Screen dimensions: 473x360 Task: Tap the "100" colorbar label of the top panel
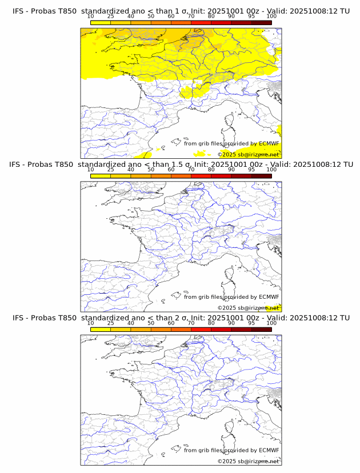pyautogui.click(x=271, y=16)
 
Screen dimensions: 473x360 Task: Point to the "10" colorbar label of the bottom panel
pyautogui.click(x=91, y=323)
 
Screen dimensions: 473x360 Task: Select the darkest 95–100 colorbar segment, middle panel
pyautogui.click(x=261, y=176)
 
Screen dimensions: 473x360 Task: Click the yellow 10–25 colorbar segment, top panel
pyautogui.click(x=101, y=22)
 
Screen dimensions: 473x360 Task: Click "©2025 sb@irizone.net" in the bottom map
pyautogui.click(x=248, y=462)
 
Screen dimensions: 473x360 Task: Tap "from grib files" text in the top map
pyautogui.click(x=204, y=143)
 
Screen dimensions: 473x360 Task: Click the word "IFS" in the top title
pyautogui.click(x=19, y=11)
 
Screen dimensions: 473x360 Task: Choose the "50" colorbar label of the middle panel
pyautogui.click(x=151, y=170)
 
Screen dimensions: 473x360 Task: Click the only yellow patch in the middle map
pyautogui.click(x=278, y=308)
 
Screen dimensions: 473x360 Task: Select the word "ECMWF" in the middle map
pyautogui.click(x=269, y=297)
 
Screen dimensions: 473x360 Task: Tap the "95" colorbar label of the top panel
pyautogui.click(x=251, y=16)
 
